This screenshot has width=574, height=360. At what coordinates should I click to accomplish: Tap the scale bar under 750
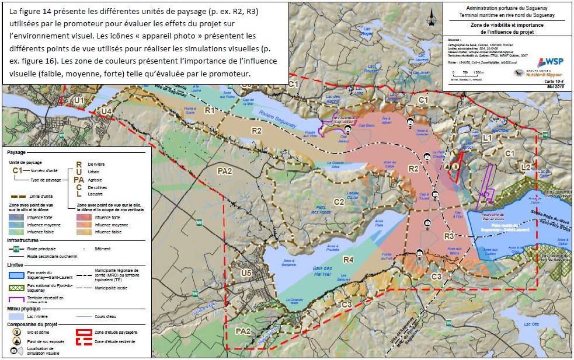pos(464,76)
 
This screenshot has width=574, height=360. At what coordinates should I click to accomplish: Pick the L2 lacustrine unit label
pos(525,167)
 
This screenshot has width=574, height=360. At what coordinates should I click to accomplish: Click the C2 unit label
pos(339,202)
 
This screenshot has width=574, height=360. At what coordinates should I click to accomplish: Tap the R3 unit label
pos(448,236)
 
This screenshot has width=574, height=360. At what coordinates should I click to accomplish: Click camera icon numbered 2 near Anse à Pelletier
pos(411,123)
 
